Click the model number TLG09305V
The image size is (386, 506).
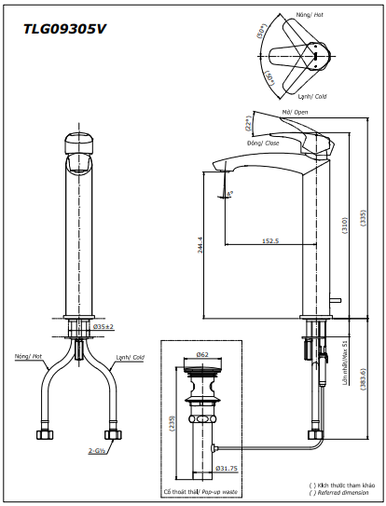pos(64,29)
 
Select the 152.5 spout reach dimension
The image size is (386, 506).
pos(270,240)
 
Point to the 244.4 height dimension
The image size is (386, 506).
pos(200,245)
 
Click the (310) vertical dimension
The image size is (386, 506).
pos(345,224)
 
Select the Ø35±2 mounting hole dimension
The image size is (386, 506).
pos(103,327)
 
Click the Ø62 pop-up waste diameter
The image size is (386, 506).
pos(202,355)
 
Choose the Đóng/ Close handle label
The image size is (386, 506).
pos(265,143)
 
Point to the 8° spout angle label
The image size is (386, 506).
pos(229,194)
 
